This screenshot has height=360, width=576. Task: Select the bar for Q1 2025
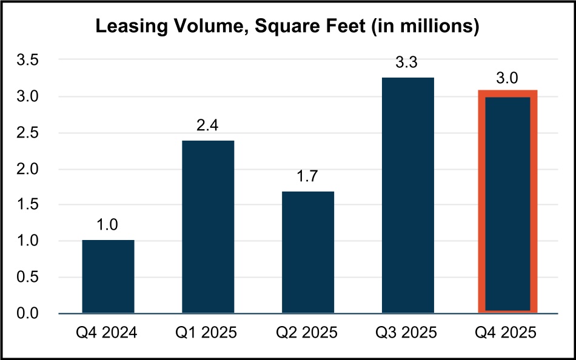[x=208, y=227]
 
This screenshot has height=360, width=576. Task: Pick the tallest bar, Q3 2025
[x=408, y=195]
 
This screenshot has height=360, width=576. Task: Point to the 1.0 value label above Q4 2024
[x=108, y=226]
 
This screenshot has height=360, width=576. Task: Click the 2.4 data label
[x=208, y=126]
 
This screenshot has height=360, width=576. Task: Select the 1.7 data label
[x=308, y=177]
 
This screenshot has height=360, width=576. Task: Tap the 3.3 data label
[x=408, y=63]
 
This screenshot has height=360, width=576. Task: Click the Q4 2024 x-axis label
[x=108, y=333]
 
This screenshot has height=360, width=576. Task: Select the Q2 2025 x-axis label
[x=308, y=333]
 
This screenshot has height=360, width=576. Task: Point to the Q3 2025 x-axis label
[x=408, y=333]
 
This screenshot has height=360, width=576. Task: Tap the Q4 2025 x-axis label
[x=508, y=333]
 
